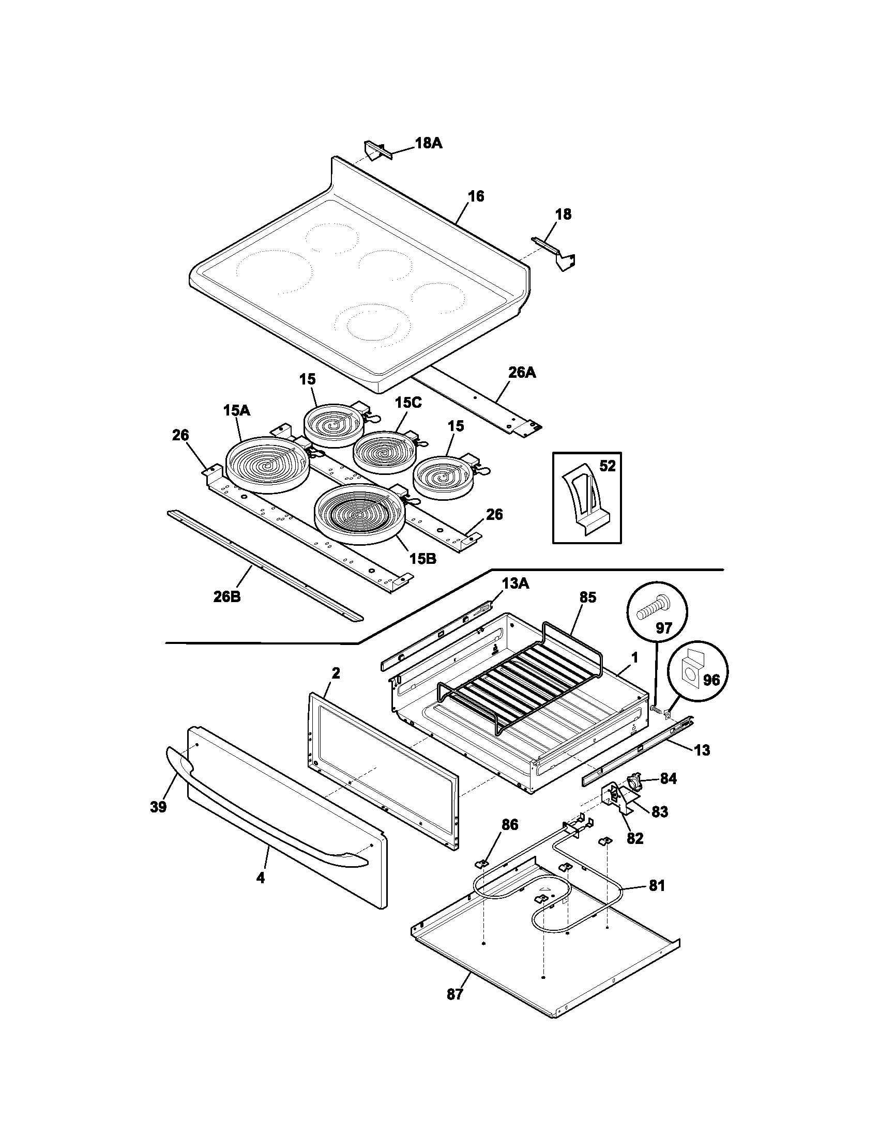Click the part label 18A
pos(428,143)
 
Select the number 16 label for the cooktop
pos(475,196)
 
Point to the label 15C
pos(408,403)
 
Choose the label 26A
pos(522,373)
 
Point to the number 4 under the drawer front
pos(261,878)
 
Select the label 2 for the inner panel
pos(336,673)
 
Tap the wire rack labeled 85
pos(521,677)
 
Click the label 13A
pos(516,584)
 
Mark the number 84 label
pos(668,793)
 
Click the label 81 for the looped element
pos(657,885)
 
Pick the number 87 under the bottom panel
pos(454,994)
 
